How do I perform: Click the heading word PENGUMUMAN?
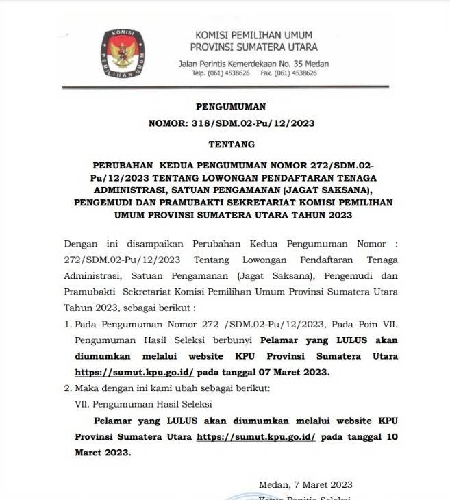click(x=231, y=106)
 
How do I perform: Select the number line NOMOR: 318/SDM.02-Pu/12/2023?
click(x=231, y=123)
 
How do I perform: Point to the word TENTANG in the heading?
click(x=231, y=145)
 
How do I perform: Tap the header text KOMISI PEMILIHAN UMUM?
click(x=253, y=35)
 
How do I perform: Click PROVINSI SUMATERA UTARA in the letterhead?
click(x=253, y=47)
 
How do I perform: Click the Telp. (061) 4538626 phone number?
click(x=221, y=73)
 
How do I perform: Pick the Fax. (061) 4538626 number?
click(x=288, y=73)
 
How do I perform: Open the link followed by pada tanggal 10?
click(x=256, y=436)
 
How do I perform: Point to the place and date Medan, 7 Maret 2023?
click(x=305, y=485)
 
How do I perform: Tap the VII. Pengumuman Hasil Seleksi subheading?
click(x=143, y=404)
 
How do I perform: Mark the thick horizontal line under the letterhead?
click(x=225, y=87)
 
